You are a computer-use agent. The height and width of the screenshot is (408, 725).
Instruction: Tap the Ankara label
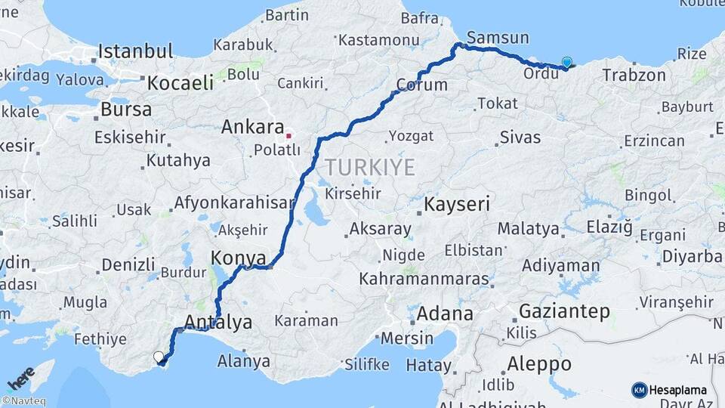pos(252,128)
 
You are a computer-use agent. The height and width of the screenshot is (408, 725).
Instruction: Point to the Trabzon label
pos(634,76)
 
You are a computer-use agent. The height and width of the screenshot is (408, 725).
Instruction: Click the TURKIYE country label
pos(370,167)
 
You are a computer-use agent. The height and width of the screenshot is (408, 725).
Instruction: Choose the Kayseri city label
pos(457,204)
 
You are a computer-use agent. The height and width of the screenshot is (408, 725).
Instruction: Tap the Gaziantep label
pos(564,311)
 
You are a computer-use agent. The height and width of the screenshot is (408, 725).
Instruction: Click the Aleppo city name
pos(538,363)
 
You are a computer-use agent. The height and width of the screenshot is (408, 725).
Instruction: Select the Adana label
pos(445,314)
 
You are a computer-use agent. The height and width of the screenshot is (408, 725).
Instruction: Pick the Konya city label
pos(238,258)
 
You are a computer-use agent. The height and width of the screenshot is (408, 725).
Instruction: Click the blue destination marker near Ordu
pos(567,63)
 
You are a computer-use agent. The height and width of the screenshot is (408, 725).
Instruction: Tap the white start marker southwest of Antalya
pos(159,357)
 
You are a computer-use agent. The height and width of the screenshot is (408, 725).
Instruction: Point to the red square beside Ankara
pos(288,137)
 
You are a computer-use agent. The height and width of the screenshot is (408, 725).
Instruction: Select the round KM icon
pos(639,390)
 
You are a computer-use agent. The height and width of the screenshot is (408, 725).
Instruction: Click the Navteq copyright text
pos(23,401)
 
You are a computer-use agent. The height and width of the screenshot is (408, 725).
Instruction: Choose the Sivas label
pos(520,138)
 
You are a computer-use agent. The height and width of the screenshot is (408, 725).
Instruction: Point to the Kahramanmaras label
pos(424,279)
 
